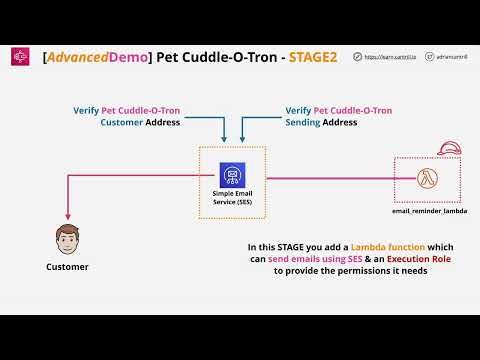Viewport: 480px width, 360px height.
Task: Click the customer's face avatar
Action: [67, 240]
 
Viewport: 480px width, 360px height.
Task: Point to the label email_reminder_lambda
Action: [430, 212]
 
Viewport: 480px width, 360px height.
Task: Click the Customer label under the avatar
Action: [67, 267]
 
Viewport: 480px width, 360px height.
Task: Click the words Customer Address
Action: [141, 122]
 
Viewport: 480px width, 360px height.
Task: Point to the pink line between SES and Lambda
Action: [330, 179]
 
